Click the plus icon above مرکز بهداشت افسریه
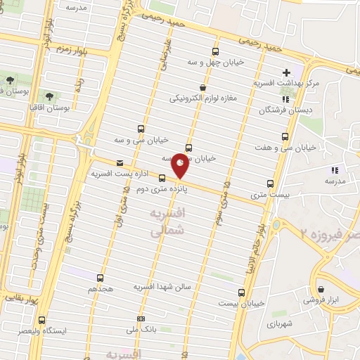coord(286,72)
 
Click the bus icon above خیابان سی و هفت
coord(285,136)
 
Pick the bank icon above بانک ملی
coord(141,318)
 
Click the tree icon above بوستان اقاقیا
coord(49,96)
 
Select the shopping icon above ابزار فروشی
coord(321,289)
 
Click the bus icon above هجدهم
coord(99,278)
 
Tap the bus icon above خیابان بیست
coord(242,292)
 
